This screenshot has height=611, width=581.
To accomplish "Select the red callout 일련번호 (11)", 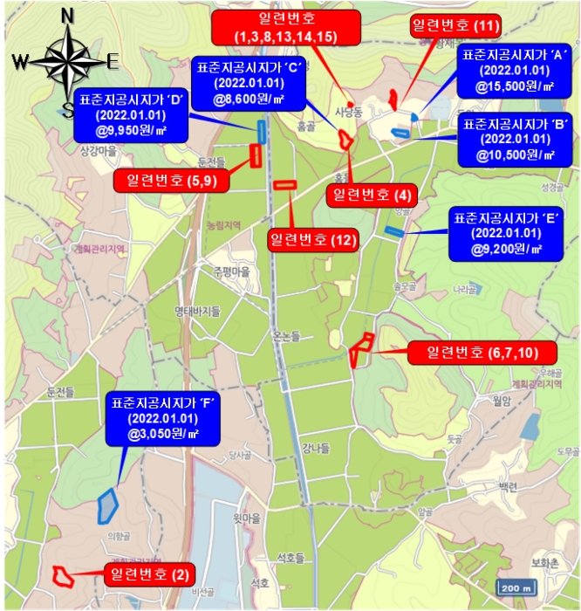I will pyautogui.click(x=455, y=26).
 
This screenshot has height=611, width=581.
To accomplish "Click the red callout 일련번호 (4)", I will pyautogui.click(x=371, y=194).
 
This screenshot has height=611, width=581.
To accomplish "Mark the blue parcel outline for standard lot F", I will pyautogui.click(x=107, y=504).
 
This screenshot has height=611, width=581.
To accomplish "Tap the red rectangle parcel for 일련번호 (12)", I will pyautogui.click(x=285, y=184).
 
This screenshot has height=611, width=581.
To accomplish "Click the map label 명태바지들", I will pyautogui.click(x=196, y=311).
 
